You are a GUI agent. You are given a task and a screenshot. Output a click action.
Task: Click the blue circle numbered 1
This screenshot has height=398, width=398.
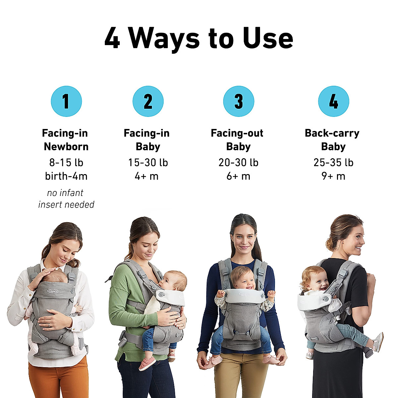pos(66,101)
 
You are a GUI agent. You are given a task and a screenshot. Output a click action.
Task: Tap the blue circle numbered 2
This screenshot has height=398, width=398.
pos(148,101)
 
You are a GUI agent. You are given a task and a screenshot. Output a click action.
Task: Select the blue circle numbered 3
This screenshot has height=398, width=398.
pos(238,101)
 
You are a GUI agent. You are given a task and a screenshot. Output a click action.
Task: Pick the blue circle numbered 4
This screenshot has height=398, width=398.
pos(333,101)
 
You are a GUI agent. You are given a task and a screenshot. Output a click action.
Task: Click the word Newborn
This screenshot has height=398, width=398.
pos(66,147)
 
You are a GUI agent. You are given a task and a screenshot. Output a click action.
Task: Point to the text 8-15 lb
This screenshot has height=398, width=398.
pos(66,163)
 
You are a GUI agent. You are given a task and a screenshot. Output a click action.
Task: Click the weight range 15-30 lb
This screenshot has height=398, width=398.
pos(148,163)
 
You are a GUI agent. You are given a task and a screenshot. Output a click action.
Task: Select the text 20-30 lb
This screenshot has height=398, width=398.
pos(238,163)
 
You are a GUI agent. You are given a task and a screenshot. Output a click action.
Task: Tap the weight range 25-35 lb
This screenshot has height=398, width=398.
pos(333,163)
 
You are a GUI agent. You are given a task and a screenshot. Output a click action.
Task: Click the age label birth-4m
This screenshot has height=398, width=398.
pos(66,176)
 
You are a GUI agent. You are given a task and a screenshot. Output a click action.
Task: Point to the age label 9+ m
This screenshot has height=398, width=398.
pos(333,176)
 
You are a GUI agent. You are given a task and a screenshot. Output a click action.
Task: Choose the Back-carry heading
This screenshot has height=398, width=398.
pos(332,133)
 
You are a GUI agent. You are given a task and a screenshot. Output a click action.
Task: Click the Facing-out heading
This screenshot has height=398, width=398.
pos(237,133)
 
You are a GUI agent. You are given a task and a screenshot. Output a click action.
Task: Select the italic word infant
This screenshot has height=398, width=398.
pos(70,193)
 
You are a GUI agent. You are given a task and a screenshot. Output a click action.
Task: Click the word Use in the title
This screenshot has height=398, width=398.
pos(268,38)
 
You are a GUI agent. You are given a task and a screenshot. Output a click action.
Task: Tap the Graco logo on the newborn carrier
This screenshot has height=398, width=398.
pos(53,291)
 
